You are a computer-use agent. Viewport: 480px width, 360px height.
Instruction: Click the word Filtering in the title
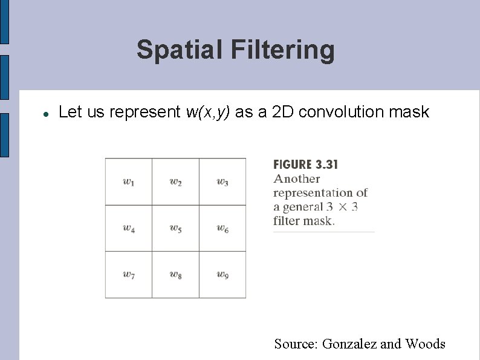click(282, 50)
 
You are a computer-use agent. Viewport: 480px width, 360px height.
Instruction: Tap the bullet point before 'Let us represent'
click(45, 113)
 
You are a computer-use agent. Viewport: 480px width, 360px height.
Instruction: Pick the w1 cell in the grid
click(129, 182)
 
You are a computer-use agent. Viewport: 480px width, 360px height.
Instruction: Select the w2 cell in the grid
click(175, 182)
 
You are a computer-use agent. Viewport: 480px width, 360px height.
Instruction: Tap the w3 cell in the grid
click(222, 182)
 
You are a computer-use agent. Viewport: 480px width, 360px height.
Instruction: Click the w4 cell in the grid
click(129, 228)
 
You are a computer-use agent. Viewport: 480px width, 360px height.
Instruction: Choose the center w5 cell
click(175, 228)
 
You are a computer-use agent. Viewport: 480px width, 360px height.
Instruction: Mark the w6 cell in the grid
click(222, 228)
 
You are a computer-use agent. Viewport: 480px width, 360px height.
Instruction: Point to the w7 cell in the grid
click(129, 275)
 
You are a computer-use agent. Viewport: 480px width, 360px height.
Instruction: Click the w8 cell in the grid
click(175, 275)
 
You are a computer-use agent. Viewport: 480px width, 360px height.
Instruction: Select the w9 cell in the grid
click(222, 275)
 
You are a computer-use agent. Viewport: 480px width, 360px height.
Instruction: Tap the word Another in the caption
click(296, 178)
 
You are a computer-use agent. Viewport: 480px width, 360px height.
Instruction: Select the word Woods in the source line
click(425, 344)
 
